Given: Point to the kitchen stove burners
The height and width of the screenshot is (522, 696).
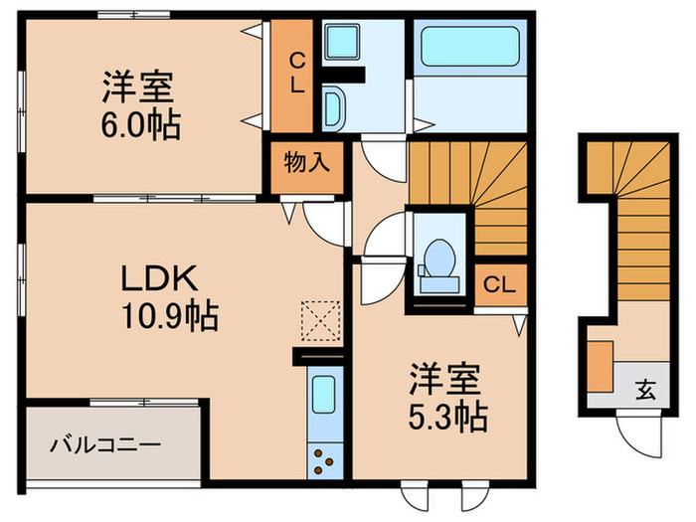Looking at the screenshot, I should (325, 458).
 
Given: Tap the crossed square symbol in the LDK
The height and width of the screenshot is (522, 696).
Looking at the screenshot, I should (319, 320).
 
